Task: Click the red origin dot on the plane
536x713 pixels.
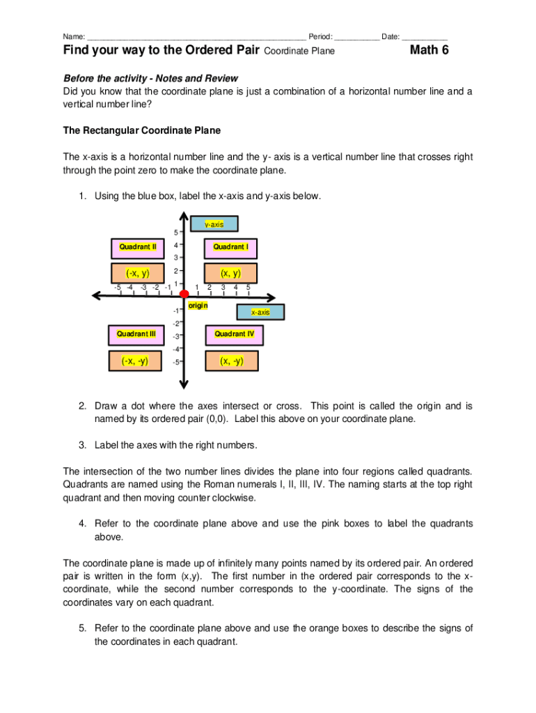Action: point(184,295)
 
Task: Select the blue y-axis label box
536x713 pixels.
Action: point(214,224)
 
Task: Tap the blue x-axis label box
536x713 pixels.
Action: point(261,313)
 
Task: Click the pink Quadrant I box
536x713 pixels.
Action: point(230,247)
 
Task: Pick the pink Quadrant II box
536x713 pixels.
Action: point(137,247)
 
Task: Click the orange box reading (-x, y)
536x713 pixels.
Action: point(137,273)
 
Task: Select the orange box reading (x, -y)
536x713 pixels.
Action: point(231,361)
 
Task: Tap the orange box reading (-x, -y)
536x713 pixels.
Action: point(135,361)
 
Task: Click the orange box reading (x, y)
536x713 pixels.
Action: point(230,273)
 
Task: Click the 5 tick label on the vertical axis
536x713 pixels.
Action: point(176,233)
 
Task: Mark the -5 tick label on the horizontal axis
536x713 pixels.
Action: point(118,287)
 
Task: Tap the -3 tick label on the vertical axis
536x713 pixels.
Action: point(176,337)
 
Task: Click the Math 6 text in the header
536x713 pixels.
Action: point(429,50)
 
